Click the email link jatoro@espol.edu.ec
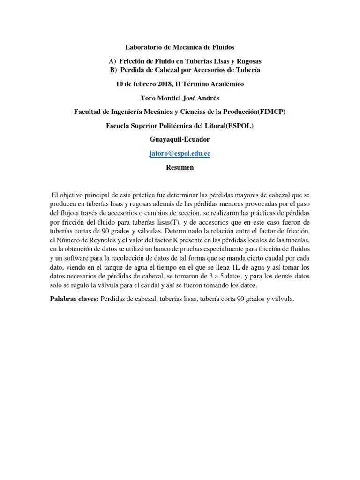[x=180, y=153]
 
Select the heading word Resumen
[x=180, y=167]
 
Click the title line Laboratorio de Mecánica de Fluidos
[x=180, y=47]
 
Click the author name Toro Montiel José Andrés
[x=180, y=98]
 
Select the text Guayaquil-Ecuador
[x=180, y=140]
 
